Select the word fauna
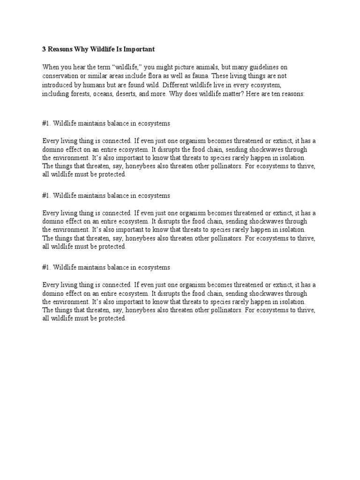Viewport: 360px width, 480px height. (x=214, y=76)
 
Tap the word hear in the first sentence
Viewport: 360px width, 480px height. (x=82, y=67)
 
